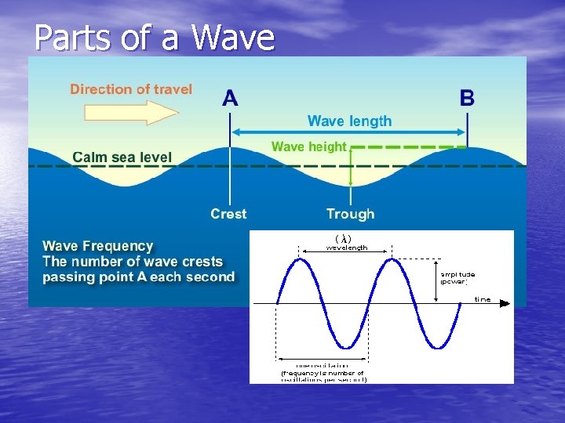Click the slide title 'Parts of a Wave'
155,37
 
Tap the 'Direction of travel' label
131,89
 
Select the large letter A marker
230,99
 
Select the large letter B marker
467,99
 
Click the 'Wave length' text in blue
349,121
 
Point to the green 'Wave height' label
308,146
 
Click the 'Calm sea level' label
122,157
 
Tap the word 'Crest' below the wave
228,214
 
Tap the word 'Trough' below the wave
350,214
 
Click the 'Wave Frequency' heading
98,246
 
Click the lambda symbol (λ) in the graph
343,238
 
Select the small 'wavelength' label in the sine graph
346,248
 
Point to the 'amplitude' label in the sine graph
457,275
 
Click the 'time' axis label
482,299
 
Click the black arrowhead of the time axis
508,302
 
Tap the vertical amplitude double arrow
436,280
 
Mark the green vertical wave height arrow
350,168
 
